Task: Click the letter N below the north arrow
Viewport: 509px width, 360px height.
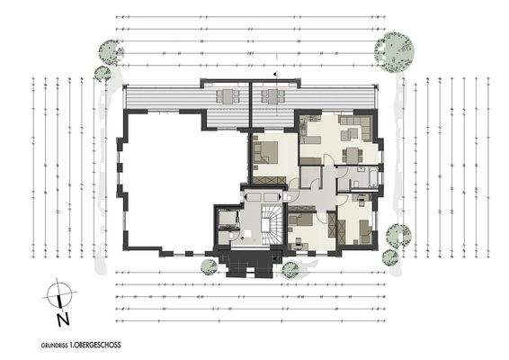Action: tap(59, 318)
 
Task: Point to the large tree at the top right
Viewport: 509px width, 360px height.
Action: tap(395, 50)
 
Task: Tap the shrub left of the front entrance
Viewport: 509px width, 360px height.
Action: tap(209, 266)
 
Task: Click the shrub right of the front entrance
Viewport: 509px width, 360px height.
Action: tap(290, 268)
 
